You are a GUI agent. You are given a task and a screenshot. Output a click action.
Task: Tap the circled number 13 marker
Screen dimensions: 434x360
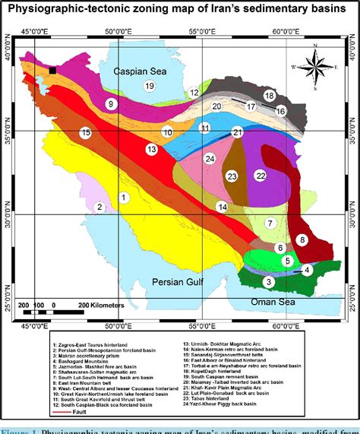153,150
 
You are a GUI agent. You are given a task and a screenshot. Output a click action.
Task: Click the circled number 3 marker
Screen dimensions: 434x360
268,282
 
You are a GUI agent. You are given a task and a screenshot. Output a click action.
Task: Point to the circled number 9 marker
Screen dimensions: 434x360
111,104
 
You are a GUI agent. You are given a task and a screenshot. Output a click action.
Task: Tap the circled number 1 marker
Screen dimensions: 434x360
122,176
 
